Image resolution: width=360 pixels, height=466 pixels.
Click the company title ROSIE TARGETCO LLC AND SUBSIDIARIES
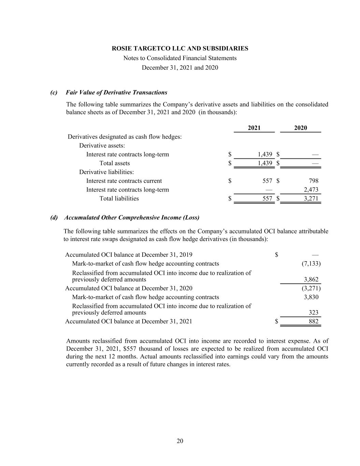tap(180, 48)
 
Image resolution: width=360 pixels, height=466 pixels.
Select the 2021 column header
tap(254, 128)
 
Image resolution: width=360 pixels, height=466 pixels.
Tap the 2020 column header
tap(300, 128)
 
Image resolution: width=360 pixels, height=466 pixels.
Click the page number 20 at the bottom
tap(180, 441)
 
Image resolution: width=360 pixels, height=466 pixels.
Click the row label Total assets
tap(114, 163)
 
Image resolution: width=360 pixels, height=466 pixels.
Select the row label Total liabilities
tap(119, 199)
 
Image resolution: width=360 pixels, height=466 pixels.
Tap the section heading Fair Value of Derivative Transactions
tap(116, 93)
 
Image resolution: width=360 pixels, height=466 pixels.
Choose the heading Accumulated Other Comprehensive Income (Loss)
tap(132, 218)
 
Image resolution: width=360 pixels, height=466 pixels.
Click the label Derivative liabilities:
tap(106, 172)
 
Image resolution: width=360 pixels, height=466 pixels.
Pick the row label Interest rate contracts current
tap(124, 181)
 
